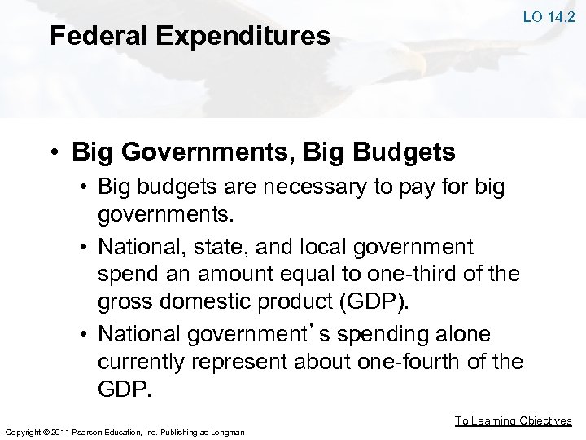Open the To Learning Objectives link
(x=513, y=420)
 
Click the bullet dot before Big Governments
(x=54, y=152)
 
